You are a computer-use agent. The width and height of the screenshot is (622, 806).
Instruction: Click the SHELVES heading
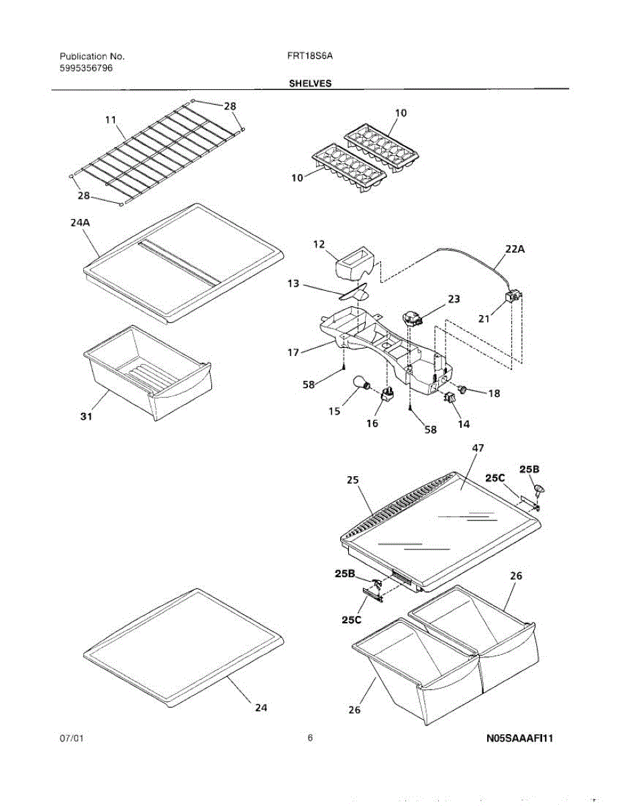click(x=310, y=84)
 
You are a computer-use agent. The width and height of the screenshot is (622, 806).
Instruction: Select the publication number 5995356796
click(x=87, y=69)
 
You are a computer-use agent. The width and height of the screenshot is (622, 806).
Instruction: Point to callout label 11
click(x=111, y=120)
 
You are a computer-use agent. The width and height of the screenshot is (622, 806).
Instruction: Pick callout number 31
click(x=87, y=416)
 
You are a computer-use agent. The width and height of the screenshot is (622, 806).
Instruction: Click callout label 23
click(x=454, y=300)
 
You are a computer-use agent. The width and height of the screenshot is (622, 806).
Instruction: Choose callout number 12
click(x=319, y=245)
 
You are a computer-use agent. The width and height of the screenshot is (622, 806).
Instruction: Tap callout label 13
click(x=293, y=285)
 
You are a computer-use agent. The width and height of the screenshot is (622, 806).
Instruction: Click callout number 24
click(x=261, y=707)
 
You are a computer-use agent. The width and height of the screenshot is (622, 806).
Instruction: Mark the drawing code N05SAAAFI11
click(x=519, y=739)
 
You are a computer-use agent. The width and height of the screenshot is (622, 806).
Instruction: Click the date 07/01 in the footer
click(x=72, y=739)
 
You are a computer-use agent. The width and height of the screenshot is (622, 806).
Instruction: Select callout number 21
click(x=484, y=319)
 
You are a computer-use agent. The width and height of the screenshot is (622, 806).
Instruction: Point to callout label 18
click(x=494, y=394)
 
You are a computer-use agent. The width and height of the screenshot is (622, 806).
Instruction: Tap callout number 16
click(x=372, y=423)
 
